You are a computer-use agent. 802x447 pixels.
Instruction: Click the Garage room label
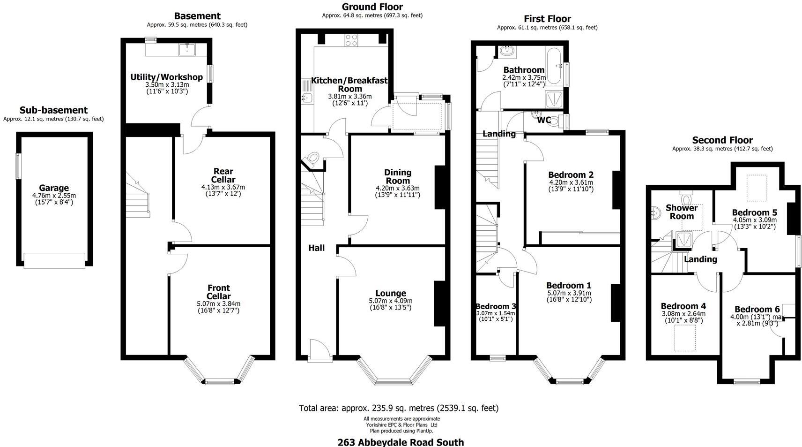click(54, 188)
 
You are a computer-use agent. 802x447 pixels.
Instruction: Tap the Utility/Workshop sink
click(187, 50)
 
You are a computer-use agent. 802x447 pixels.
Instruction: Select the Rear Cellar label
click(223, 175)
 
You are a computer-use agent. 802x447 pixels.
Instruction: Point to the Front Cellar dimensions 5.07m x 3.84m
click(218, 304)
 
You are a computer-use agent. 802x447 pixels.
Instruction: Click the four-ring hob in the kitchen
click(351, 40)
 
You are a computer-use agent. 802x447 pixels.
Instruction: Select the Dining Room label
click(398, 177)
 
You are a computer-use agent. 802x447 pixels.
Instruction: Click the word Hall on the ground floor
click(317, 248)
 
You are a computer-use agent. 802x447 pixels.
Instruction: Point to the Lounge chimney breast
click(440, 303)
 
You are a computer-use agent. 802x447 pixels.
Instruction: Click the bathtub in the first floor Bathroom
click(555, 66)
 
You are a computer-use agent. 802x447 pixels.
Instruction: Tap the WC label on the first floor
click(544, 120)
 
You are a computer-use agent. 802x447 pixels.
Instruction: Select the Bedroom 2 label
click(571, 174)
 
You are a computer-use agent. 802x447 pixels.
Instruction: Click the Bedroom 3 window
click(498, 358)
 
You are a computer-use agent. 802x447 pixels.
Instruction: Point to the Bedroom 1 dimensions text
click(569, 296)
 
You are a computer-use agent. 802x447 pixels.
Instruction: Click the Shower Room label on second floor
click(682, 212)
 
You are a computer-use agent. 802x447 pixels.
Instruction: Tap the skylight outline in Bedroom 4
click(685, 338)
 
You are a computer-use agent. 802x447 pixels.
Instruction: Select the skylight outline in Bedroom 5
click(756, 188)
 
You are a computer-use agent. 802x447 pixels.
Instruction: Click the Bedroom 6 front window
click(747, 382)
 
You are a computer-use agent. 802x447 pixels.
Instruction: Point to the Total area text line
click(399, 408)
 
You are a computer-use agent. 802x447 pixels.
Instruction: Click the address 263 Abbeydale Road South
click(401, 442)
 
